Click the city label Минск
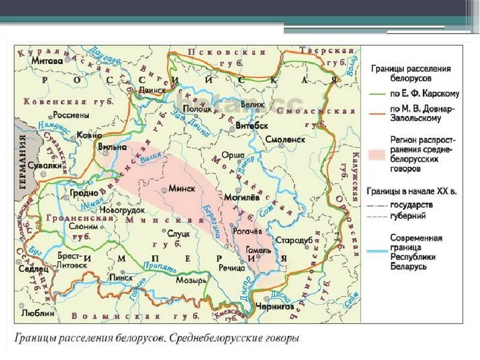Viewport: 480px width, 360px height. [x=182, y=188]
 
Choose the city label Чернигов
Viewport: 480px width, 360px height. [x=273, y=306]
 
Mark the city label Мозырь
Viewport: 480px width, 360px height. [x=191, y=280]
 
